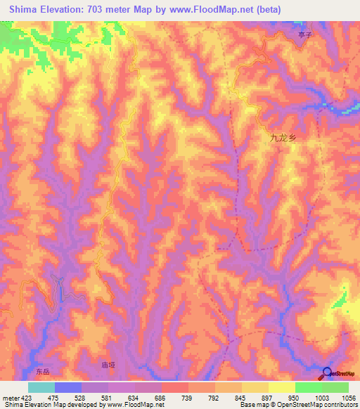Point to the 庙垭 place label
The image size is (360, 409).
tap(108, 365)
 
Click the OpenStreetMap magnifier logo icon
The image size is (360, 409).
tap(328, 373)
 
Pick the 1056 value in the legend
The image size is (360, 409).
tap(349, 397)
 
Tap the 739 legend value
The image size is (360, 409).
tap(188, 397)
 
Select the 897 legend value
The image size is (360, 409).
tap(269, 397)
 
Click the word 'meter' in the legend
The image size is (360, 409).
tap(10, 397)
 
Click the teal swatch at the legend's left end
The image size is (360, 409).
tap(41, 387)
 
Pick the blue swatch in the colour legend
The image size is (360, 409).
tap(68, 387)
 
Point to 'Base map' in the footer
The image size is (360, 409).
tap(251, 405)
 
